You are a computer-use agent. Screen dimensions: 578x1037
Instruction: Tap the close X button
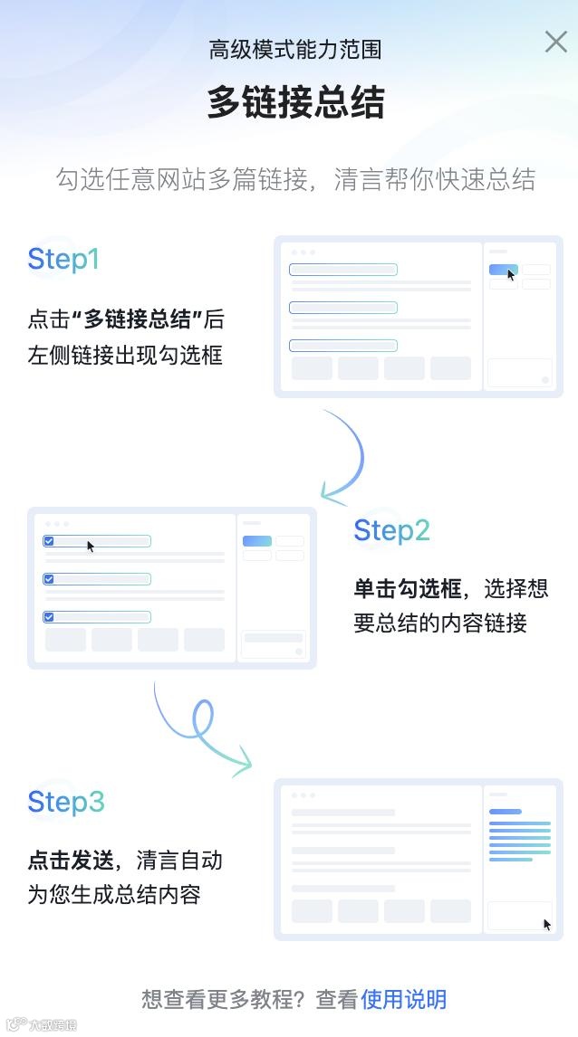tap(555, 42)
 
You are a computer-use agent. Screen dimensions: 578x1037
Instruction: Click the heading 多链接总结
tap(295, 102)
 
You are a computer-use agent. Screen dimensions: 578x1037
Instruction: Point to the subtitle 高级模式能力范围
tap(295, 50)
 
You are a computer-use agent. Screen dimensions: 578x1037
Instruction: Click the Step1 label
tap(63, 260)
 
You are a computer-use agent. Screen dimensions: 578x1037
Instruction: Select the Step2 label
tap(391, 530)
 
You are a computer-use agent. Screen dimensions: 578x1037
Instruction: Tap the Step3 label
tap(66, 802)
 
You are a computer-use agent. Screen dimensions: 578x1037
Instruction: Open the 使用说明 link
tap(404, 999)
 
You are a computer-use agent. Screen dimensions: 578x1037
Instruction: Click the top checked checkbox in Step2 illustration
tap(49, 541)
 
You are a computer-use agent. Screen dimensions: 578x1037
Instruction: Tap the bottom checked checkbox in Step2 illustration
tap(49, 617)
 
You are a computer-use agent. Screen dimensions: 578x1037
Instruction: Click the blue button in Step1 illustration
tap(503, 269)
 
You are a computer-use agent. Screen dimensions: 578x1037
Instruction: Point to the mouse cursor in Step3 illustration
tap(547, 924)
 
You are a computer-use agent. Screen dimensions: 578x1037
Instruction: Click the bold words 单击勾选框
tap(408, 589)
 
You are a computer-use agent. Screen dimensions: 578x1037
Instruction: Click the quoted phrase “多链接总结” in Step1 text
tap(137, 319)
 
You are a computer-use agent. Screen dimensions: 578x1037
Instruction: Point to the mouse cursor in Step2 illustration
tap(91, 546)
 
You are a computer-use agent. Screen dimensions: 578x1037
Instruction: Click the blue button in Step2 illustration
tap(256, 541)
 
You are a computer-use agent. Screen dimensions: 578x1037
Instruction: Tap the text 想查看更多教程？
tap(225, 999)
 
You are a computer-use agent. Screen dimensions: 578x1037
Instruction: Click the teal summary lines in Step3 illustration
tap(520, 839)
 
